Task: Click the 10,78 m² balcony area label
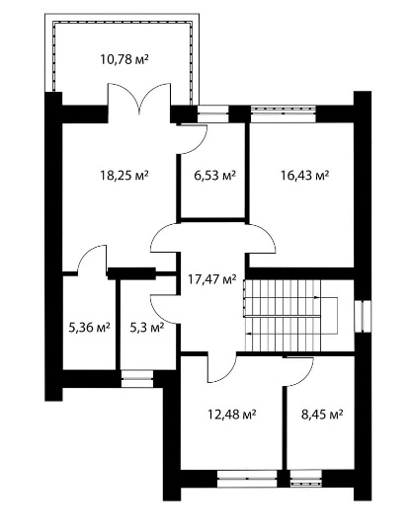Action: tap(124, 59)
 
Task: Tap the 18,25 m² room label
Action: tap(124, 176)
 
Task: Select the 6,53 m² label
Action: tap(214, 176)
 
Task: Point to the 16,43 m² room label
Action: tap(304, 176)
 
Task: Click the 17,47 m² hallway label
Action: tap(212, 279)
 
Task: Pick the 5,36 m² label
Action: tap(89, 328)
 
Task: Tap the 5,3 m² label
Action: tap(147, 328)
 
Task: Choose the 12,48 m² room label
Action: tap(231, 414)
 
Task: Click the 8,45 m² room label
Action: tap(322, 414)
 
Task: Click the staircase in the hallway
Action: tap(290, 316)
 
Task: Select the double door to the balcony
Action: tap(139, 99)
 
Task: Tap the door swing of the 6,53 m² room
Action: tap(194, 139)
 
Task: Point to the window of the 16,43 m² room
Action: tap(284, 114)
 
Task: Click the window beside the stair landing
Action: tap(363, 316)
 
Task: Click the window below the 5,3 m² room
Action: tap(137, 379)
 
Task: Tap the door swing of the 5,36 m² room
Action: tap(92, 259)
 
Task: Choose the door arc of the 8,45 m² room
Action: tap(298, 372)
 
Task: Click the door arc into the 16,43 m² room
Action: tap(262, 238)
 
